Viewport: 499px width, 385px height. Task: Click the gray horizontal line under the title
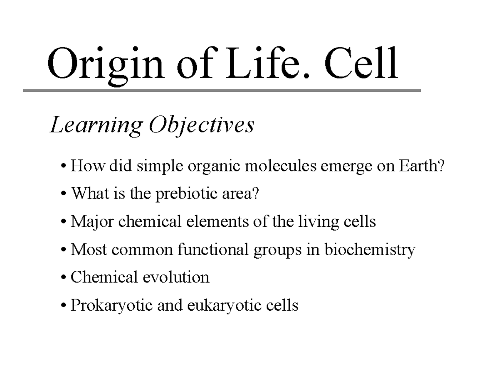pos(222,90)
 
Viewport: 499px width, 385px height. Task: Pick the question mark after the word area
pos(255,194)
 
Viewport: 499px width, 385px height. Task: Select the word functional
pos(213,250)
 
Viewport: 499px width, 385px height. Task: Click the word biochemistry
pos(370,250)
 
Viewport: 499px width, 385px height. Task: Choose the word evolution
pos(175,277)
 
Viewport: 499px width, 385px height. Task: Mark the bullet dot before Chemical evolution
pos(63,278)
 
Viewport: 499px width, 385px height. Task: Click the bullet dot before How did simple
pos(63,167)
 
